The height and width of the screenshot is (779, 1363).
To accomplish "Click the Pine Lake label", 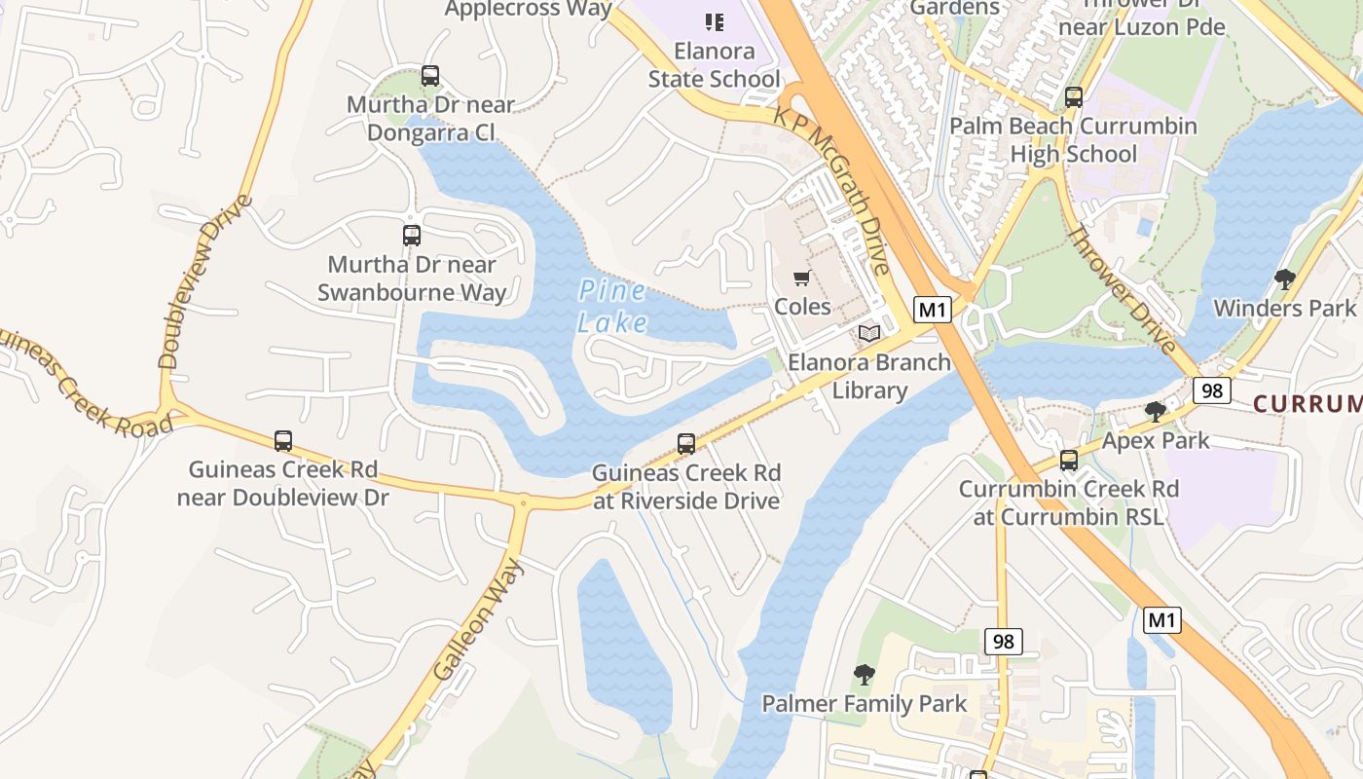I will (x=611, y=306).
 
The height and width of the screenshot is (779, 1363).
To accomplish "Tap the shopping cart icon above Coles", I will (x=802, y=278).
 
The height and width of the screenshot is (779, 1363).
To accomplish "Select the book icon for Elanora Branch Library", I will (x=869, y=334).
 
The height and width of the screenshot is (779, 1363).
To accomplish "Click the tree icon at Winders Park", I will (x=1284, y=279).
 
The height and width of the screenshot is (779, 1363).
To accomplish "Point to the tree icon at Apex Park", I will (x=1156, y=412).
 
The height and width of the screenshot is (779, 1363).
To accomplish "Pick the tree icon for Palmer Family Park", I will (x=864, y=675).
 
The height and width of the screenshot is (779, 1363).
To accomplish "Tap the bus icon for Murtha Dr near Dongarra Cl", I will (x=429, y=76).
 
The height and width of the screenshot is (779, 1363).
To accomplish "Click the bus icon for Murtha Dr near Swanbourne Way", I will (x=412, y=236).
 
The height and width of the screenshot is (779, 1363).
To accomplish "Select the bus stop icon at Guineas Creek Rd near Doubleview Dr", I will (x=283, y=441).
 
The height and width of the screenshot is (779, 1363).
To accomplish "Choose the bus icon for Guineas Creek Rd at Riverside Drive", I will (x=686, y=444).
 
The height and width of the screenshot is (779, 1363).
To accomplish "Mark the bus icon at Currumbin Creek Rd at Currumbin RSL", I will (x=1069, y=461).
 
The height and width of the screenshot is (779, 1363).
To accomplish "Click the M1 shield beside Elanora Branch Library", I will (x=933, y=310).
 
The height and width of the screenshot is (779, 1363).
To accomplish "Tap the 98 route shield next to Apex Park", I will (x=1212, y=390).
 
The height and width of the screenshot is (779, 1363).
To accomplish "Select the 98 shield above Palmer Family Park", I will (x=1003, y=641).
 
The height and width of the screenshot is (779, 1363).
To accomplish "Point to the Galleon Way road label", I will (x=479, y=619).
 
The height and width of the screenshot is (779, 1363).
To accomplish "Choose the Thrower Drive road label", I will (x=1122, y=289).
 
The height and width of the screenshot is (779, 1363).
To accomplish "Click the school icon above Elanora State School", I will (x=715, y=21).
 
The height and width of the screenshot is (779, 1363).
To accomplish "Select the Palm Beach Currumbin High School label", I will (x=1073, y=140).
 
